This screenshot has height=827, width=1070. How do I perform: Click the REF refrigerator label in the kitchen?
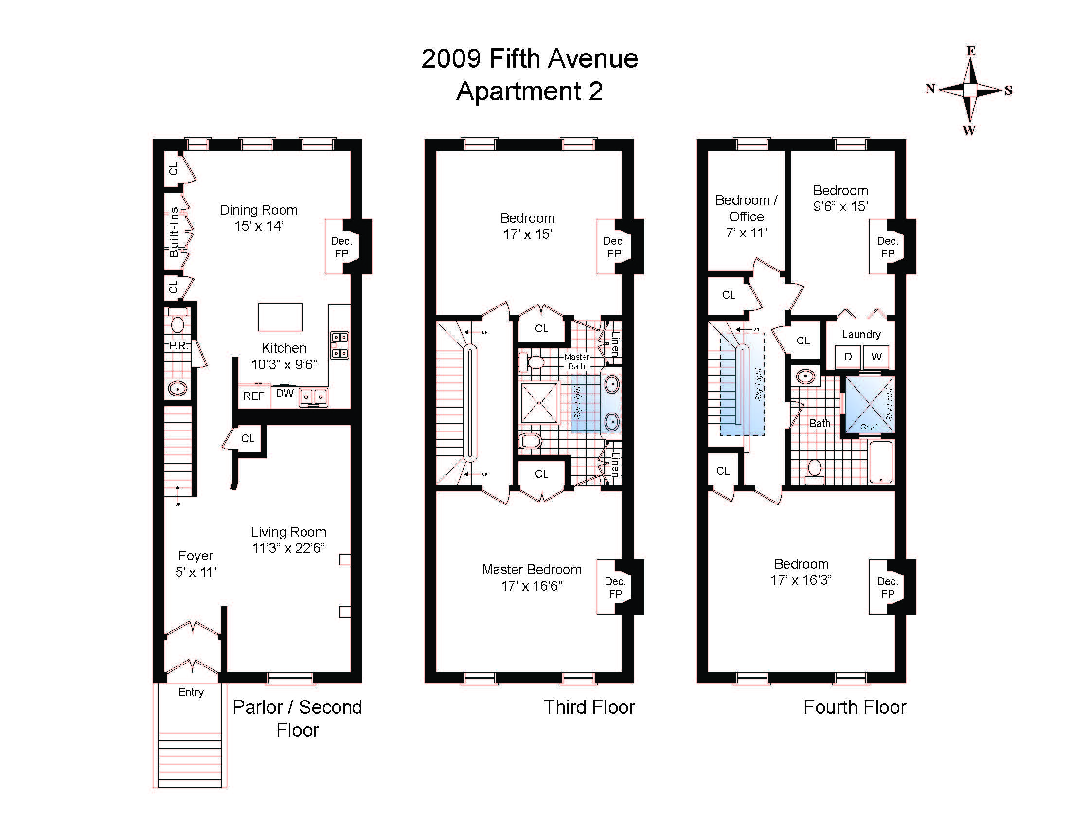coord(254,396)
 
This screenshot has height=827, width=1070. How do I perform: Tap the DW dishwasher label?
coord(285,393)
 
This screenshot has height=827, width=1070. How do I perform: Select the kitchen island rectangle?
coord(280,317)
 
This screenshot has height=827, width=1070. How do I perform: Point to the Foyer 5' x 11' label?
coord(196,564)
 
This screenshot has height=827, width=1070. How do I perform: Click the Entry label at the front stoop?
coord(191,692)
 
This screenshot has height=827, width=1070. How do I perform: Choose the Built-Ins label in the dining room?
coord(174,232)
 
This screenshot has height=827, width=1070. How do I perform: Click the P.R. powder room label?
coord(178,345)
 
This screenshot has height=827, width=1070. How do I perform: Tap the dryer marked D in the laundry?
coord(848,357)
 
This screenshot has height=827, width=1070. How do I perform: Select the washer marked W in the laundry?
coord(876,357)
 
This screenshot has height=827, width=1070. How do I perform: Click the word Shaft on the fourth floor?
coord(870,427)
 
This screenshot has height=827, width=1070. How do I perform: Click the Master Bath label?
coord(577,361)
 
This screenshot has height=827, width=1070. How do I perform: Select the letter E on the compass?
coord(971,51)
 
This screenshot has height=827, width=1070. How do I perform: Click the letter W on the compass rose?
coord(969,130)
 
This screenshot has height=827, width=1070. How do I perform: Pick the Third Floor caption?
coord(589,707)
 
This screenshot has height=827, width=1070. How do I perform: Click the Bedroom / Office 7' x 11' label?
coord(746,216)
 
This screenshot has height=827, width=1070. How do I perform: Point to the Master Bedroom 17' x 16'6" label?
coord(532,577)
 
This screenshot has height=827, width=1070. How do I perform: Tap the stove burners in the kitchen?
coord(340,345)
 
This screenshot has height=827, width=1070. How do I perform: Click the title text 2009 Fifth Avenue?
coord(530,59)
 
